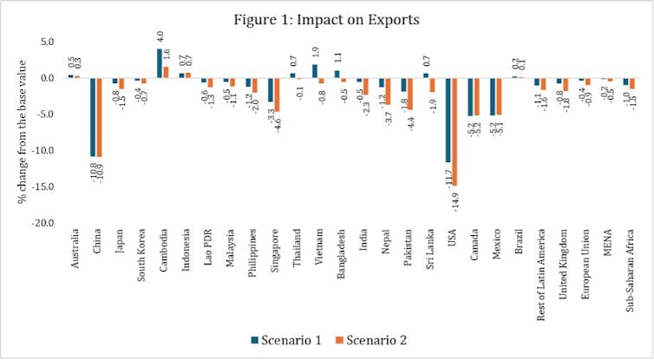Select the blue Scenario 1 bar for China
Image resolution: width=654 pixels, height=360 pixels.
pyautogui.click(x=93, y=117)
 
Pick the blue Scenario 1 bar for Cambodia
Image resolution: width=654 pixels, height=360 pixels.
pyautogui.click(x=159, y=63)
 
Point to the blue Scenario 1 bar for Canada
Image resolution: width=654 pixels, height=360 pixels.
pyautogui.click(x=470, y=96)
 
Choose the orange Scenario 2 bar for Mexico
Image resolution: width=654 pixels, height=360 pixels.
pyautogui.click(x=497, y=96)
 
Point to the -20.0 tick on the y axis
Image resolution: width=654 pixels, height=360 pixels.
pyautogui.click(x=43, y=223)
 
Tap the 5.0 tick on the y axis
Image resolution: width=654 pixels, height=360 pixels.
pyautogui.click(x=46, y=42)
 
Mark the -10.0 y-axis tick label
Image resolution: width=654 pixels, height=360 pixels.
pyautogui.click(x=43, y=150)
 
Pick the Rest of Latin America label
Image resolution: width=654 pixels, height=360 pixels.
pyautogui.click(x=541, y=271)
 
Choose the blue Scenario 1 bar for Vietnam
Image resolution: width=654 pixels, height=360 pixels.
pyautogui.click(x=315, y=71)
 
